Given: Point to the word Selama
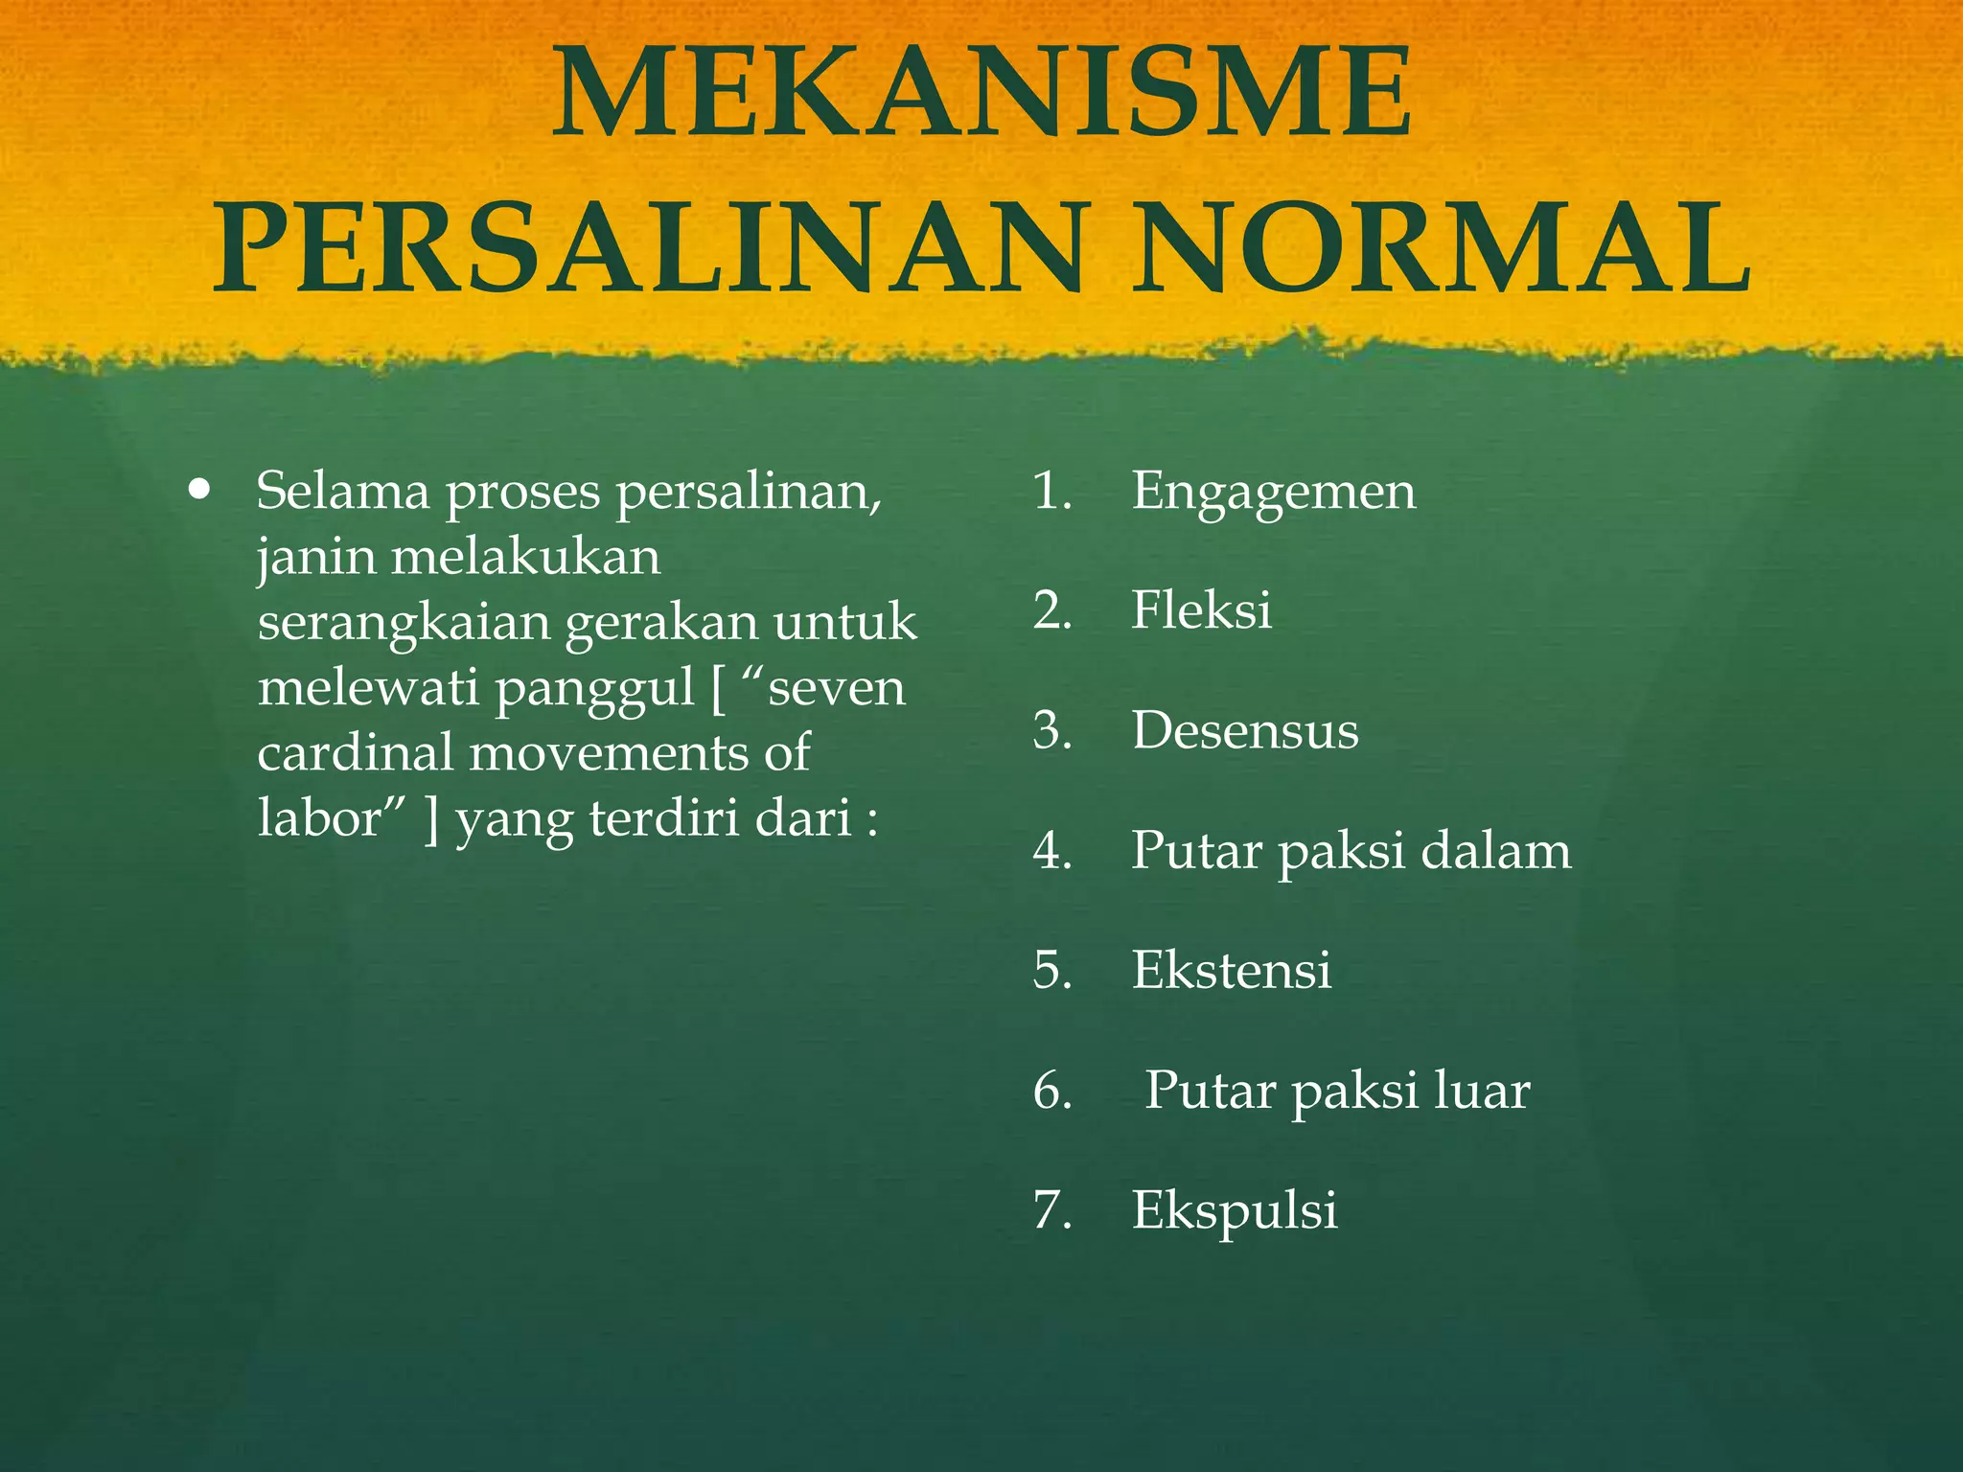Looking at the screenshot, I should click(x=342, y=491).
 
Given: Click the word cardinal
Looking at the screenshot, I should click(x=355, y=753).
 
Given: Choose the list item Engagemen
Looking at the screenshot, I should click(x=1273, y=493).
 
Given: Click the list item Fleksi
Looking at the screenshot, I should click(x=1201, y=610).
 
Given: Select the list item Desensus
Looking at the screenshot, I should click(x=1244, y=730).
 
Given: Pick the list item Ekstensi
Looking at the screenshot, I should click(x=1231, y=970).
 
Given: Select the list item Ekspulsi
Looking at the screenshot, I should click(x=1235, y=1210).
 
